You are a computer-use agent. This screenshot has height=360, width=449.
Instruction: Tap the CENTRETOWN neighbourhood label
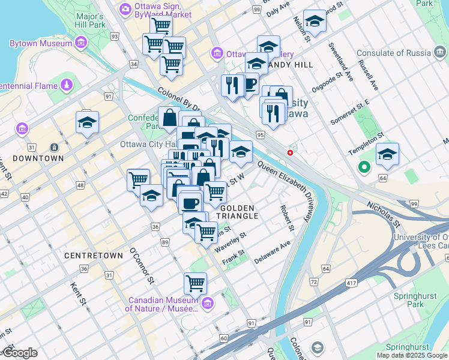pyautogui.click(x=94, y=256)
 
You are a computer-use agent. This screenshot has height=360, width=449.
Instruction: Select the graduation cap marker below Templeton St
pyautogui.click(x=387, y=155)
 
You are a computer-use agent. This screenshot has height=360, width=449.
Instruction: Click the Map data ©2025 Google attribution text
pyautogui.click(x=412, y=355)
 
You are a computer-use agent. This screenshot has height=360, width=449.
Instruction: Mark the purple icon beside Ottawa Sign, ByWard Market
pyautogui.click(x=125, y=8)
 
